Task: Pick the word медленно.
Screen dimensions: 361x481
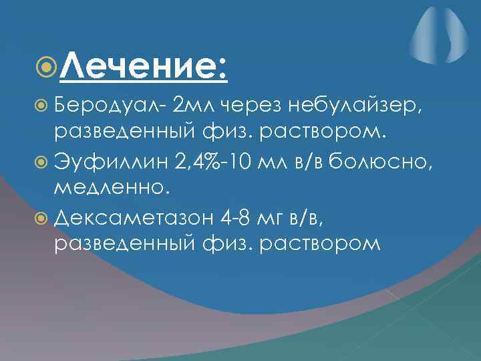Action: point(114,187)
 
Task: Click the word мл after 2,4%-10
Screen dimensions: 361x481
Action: point(275,161)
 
